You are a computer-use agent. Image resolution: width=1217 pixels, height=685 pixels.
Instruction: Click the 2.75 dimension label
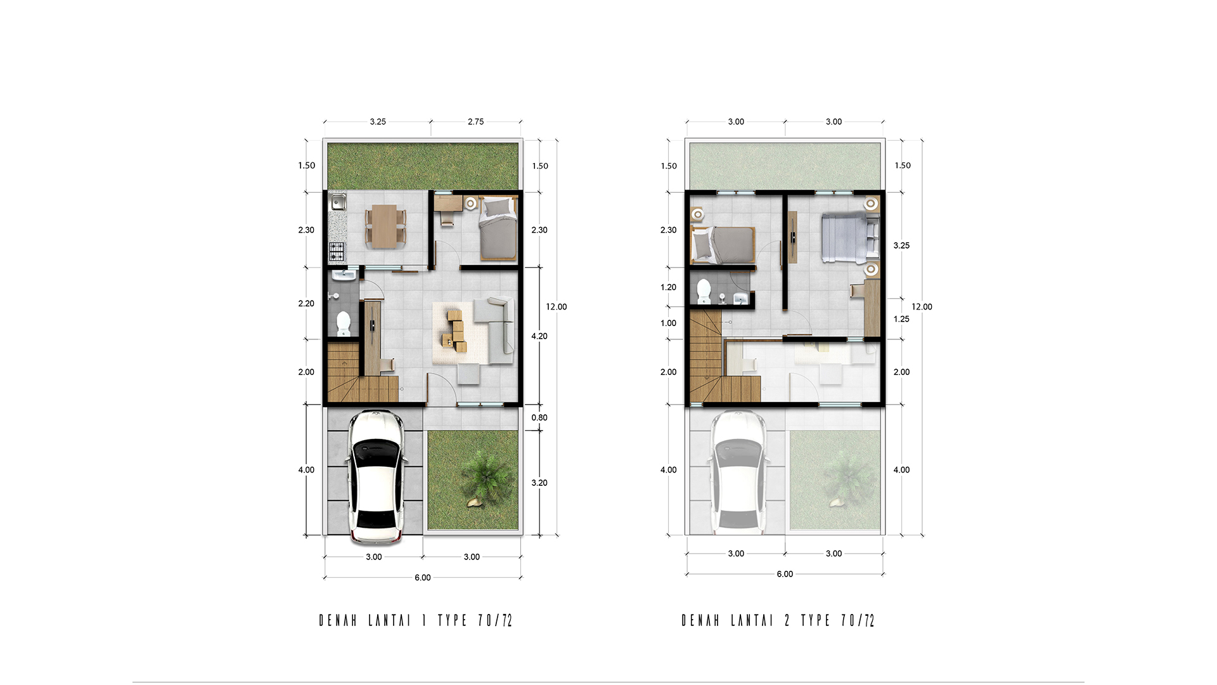point(475,122)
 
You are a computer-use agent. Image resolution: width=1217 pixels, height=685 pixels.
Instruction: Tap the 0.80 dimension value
point(539,417)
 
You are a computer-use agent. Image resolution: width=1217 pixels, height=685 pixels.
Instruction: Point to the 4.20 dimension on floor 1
point(539,336)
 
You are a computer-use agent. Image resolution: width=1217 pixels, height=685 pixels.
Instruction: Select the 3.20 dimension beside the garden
point(539,483)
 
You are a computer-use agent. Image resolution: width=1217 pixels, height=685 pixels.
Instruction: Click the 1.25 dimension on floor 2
point(901,319)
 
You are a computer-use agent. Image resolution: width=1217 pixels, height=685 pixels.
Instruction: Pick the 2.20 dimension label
point(306,304)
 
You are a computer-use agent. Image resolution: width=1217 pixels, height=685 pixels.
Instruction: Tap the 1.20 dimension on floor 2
point(668,287)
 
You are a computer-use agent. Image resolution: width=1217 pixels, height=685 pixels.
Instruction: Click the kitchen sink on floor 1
point(338,203)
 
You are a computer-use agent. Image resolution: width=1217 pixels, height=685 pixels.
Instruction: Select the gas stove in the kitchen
point(337,252)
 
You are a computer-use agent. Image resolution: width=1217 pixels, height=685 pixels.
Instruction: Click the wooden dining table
point(384,226)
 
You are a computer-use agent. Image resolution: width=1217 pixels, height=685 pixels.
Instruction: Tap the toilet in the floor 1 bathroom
point(344,323)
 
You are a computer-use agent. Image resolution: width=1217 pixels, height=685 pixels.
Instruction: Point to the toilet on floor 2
point(704,291)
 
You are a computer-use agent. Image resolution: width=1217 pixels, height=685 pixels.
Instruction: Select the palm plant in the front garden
point(487,476)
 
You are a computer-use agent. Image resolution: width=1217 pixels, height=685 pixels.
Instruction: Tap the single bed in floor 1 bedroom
point(498,228)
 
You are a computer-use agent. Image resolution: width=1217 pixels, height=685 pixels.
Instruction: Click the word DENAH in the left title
point(338,620)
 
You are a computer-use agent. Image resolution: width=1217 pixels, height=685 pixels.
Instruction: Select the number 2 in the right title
point(787,620)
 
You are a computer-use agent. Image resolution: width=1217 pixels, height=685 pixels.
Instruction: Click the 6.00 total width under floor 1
point(423,578)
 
